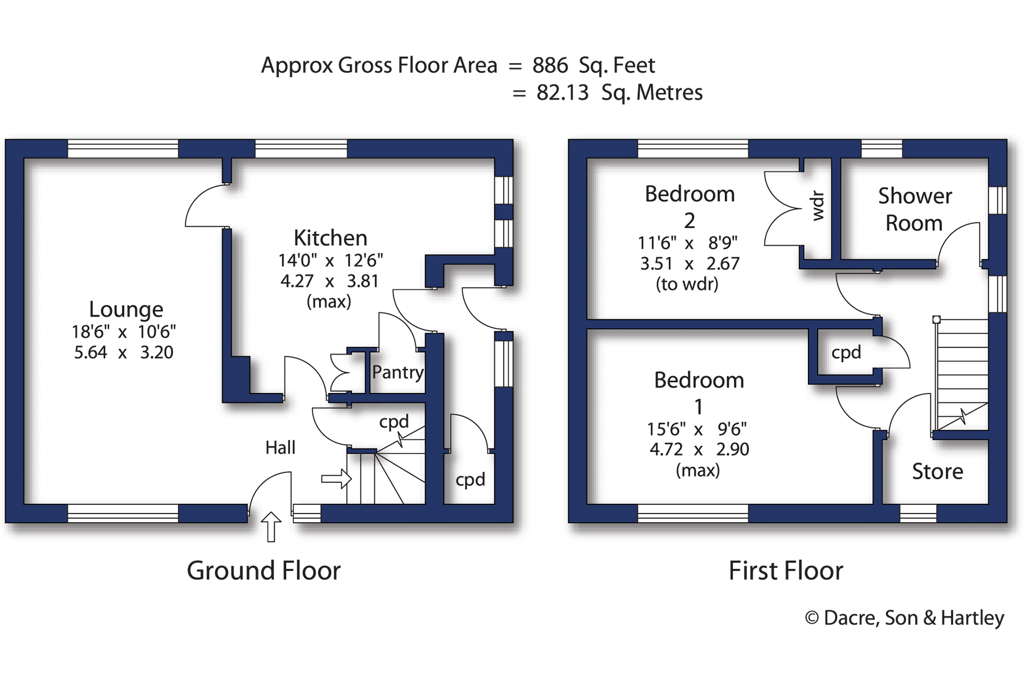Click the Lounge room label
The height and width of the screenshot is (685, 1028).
[126, 309]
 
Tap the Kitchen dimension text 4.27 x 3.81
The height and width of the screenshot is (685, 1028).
[329, 281]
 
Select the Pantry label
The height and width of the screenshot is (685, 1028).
[397, 372]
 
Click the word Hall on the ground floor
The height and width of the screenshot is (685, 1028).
[280, 448]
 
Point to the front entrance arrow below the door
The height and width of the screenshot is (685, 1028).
[271, 527]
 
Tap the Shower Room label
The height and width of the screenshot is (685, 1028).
[914, 210]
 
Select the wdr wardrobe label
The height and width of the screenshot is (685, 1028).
[817, 206]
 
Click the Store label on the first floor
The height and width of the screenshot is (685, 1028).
[937, 472]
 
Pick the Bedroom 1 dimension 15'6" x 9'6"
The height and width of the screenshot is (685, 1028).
[697, 429]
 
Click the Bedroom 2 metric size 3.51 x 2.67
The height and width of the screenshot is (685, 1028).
[690, 264]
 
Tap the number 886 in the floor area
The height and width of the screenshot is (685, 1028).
[550, 65]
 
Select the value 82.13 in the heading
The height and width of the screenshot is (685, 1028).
[562, 93]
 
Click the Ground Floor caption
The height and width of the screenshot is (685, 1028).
[264, 571]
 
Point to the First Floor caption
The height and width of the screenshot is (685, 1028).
[786, 571]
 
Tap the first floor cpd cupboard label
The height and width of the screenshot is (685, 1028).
[846, 352]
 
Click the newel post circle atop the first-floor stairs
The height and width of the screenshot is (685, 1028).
[936, 320]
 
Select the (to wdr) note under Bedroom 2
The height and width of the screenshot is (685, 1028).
[687, 284]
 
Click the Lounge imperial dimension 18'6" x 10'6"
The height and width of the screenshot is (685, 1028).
[124, 332]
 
